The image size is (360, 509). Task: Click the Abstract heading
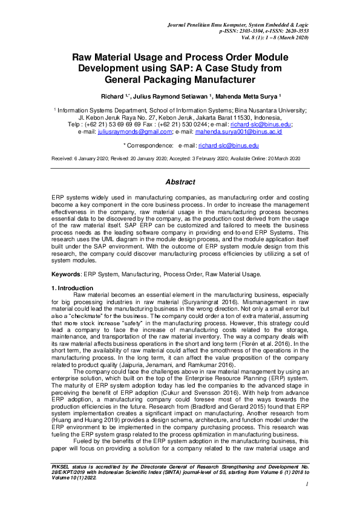pos(180,182)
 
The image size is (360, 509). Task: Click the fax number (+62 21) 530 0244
pos(174,124)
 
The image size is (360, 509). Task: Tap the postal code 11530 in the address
pos(231,117)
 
